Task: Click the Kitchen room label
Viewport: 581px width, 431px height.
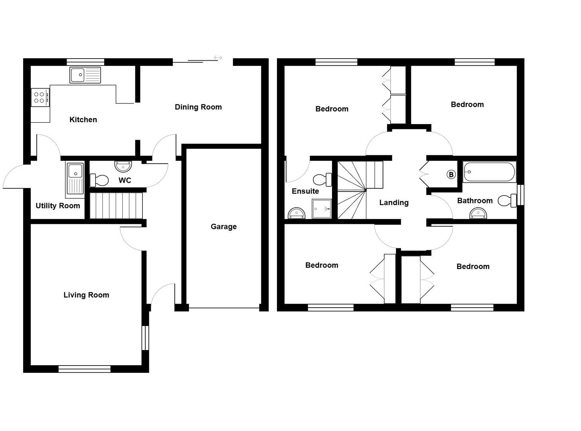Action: pos(83,120)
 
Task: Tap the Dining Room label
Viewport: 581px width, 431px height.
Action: pos(198,107)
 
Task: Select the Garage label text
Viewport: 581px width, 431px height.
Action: pos(223,227)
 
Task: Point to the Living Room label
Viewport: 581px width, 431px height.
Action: pos(86,295)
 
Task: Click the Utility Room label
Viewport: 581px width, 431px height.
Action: pos(58,206)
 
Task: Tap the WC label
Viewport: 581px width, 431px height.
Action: pos(125,180)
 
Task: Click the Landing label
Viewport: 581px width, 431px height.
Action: pos(394,203)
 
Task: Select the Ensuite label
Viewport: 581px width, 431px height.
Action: pos(305,191)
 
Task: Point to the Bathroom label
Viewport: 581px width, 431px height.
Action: pos(474,201)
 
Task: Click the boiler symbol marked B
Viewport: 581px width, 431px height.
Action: pos(451,174)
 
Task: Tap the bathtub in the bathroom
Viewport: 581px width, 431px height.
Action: pos(489,172)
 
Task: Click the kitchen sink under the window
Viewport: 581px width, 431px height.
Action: pos(85,75)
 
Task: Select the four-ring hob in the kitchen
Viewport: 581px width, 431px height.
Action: pos(40,97)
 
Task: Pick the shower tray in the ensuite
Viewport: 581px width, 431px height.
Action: pos(322,209)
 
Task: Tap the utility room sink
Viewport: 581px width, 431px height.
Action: pos(75,180)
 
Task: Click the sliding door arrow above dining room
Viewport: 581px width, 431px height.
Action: pos(217,58)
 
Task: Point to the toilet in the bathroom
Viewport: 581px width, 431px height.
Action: pos(507,200)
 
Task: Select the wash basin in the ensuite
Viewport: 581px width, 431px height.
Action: pos(296,214)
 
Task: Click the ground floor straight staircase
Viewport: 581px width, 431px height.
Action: pos(116,206)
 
